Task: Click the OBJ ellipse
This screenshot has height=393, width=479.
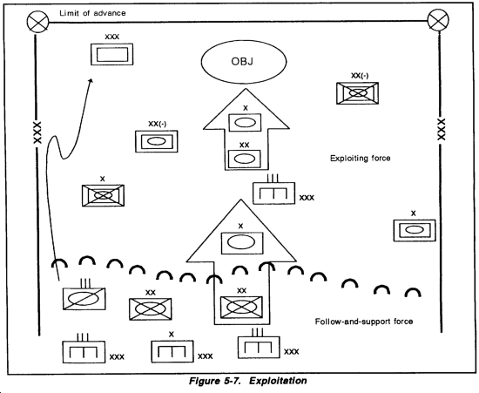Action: point(244,62)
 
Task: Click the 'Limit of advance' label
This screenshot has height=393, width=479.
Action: point(92,13)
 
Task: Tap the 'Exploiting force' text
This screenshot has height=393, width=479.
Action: point(361,158)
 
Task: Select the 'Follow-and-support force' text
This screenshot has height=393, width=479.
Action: point(364,322)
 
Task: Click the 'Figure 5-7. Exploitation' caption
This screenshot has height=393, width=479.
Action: point(247,381)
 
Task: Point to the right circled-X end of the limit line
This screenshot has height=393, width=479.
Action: point(438,20)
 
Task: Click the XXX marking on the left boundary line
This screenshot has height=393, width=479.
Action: point(37,132)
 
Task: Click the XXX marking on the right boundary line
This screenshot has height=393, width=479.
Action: point(442,130)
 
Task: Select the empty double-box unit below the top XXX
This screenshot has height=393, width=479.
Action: point(111,54)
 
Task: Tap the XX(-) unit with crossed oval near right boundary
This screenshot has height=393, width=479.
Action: point(357,93)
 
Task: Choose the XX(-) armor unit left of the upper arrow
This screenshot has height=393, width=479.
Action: point(157,141)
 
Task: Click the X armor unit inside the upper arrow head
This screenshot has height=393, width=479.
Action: point(245,123)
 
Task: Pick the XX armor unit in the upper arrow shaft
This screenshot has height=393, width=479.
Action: point(245,159)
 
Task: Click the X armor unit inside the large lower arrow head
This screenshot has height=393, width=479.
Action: point(242,243)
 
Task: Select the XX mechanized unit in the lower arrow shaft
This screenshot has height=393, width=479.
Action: point(241,307)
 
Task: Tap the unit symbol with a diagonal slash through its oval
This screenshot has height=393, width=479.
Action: point(84,299)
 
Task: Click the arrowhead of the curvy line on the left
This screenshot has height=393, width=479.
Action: point(91,81)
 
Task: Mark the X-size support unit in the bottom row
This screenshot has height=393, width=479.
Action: point(172,351)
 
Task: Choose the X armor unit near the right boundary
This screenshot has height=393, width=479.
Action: point(415,230)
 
